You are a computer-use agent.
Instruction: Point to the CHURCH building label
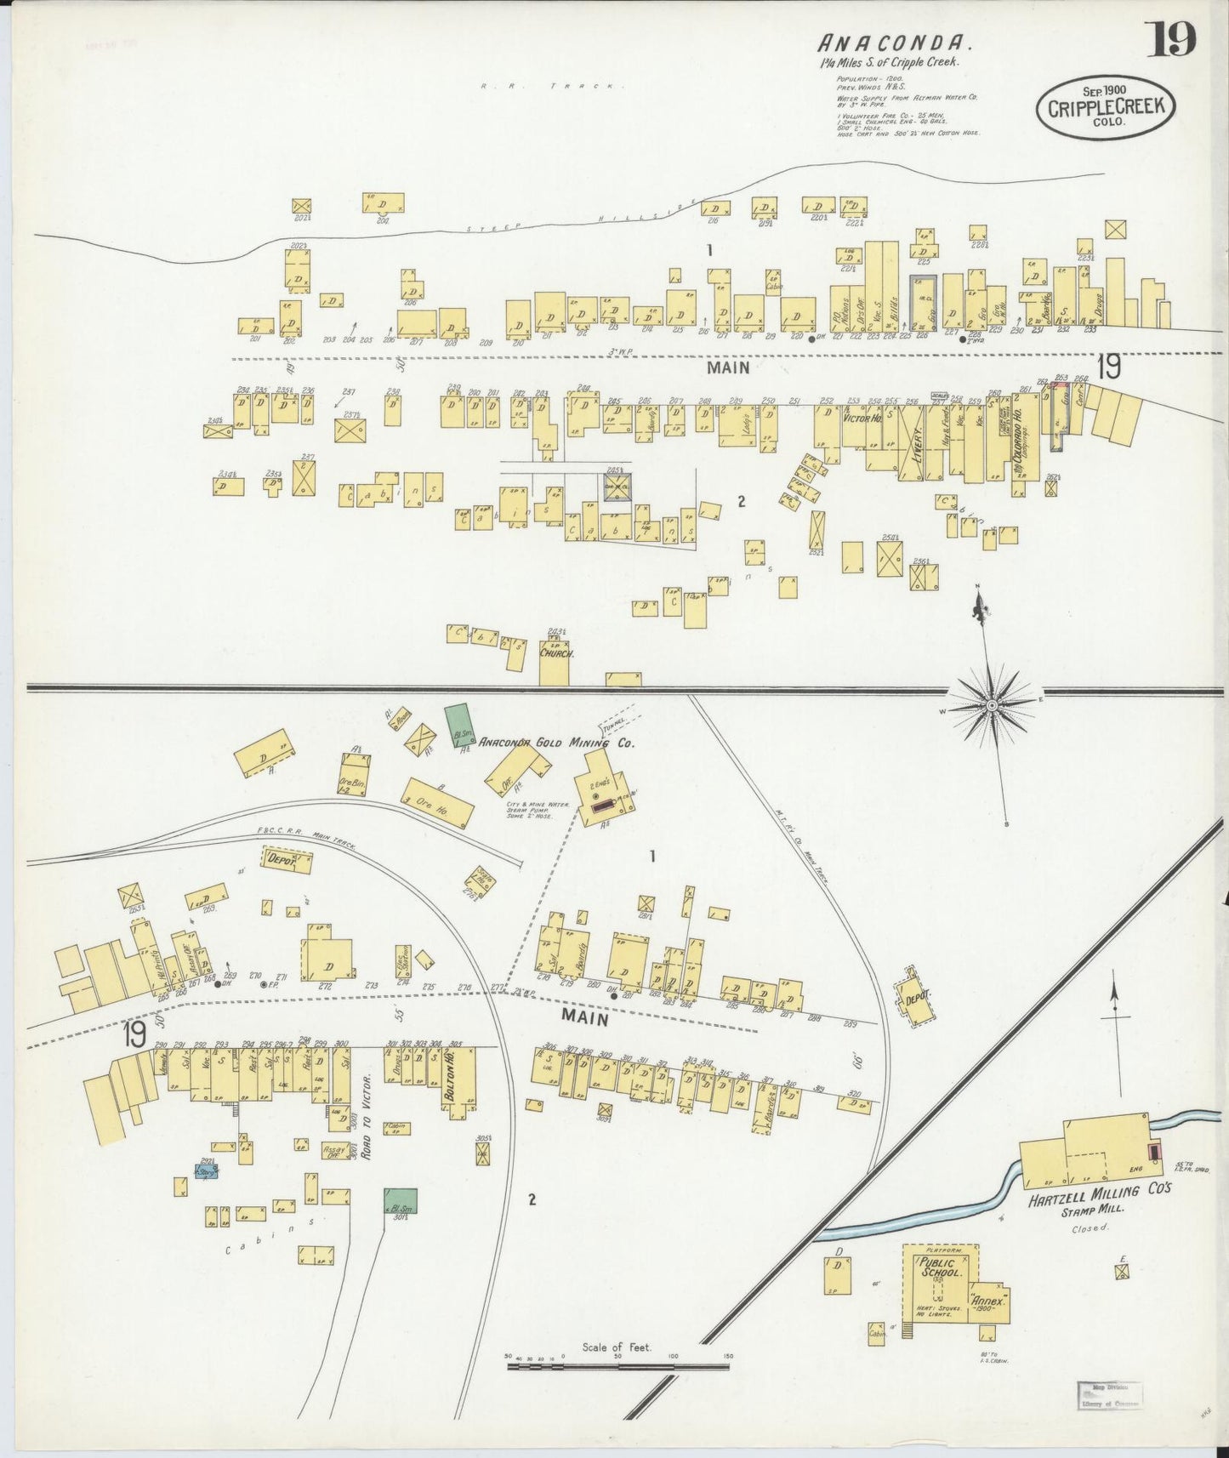556,654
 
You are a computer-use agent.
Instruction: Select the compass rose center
992,706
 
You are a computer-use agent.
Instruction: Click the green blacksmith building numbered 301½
400,1202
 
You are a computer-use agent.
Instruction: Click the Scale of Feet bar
617,1367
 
